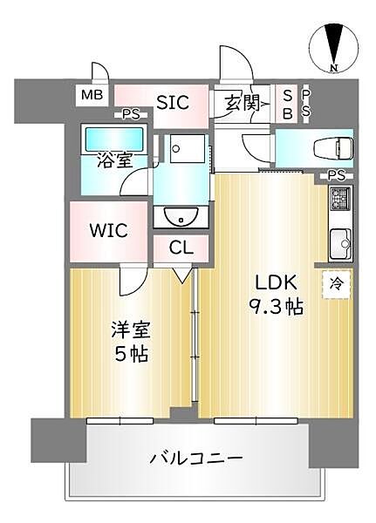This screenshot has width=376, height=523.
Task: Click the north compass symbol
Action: (333, 48)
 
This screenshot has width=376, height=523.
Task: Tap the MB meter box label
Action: (91, 95)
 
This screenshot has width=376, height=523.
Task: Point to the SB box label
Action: (287, 103)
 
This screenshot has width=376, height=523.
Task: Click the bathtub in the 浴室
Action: (113, 138)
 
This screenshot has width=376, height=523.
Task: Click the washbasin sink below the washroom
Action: (181, 214)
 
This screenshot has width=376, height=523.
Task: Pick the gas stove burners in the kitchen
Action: (339, 202)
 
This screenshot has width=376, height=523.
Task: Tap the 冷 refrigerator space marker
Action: (335, 283)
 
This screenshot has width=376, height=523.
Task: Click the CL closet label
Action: (181, 248)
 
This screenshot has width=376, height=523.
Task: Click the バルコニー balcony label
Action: (195, 458)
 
